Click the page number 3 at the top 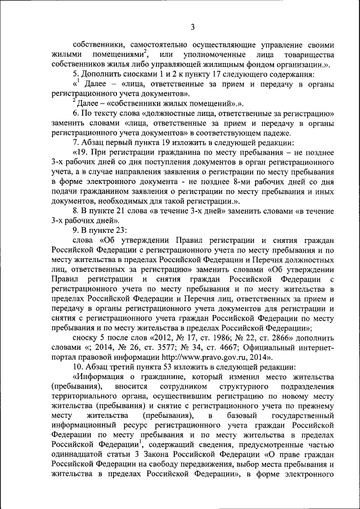point(192,26)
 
